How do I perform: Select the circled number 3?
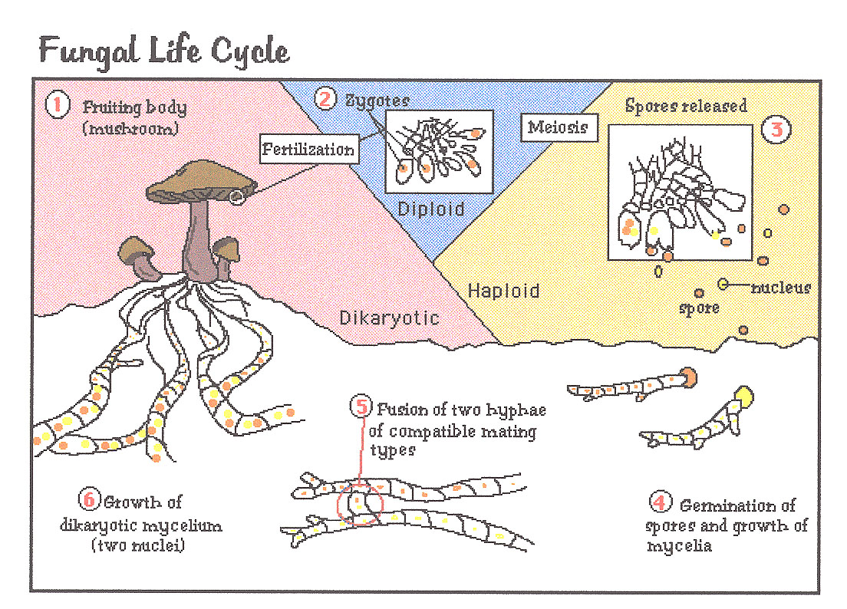pos(776,129)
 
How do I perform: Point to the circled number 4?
pos(658,503)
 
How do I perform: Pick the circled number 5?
pos(361,406)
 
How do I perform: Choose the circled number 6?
pos(89,499)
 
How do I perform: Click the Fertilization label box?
pos(308,149)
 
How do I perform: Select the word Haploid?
pos(503,291)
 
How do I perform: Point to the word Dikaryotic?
pos(390,316)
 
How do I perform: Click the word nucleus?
pos(780,288)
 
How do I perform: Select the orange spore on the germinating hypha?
pos(688,377)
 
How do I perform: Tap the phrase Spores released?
pos(685,105)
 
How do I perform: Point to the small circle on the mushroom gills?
pos(236,198)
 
